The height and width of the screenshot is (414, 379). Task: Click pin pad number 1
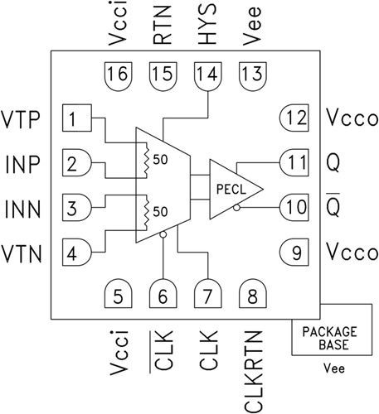tap(77, 118)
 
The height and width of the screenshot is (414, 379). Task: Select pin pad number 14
tap(208, 76)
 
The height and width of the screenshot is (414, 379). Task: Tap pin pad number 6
tap(163, 294)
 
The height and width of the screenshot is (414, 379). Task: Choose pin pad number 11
tap(294, 163)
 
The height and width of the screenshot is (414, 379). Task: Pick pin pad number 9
tap(294, 253)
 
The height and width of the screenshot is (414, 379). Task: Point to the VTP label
tap(21, 119)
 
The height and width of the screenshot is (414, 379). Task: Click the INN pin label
tap(22, 209)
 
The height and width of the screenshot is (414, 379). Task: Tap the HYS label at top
tap(207, 23)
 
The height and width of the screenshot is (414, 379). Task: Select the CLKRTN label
tap(253, 371)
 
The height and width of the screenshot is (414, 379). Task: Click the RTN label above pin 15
tap(163, 25)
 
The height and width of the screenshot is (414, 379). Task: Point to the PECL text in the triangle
tap(231, 190)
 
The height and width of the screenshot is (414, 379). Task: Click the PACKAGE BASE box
tap(332, 330)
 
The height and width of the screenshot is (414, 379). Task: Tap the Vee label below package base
tap(334, 368)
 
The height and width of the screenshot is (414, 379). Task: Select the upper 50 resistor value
tap(160, 160)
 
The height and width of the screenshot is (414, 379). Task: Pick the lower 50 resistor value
tap(160, 212)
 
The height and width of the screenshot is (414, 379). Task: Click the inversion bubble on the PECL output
tap(236, 208)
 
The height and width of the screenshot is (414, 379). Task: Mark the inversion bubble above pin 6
tap(163, 234)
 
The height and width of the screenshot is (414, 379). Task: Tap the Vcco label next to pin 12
tap(352, 118)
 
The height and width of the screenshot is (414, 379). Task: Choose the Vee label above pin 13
tap(251, 26)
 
